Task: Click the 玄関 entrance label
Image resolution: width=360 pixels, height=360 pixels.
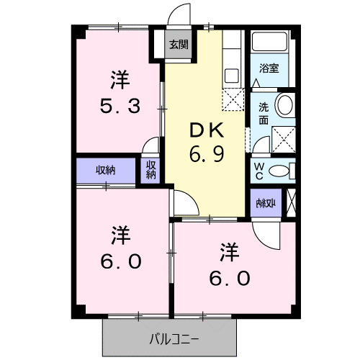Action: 179,44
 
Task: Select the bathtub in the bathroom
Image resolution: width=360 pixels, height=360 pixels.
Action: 270,43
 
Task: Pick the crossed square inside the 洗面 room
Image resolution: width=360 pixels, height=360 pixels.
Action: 284,138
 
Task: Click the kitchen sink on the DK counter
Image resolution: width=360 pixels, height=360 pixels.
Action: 232,74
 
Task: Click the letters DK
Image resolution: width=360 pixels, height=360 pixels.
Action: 207,130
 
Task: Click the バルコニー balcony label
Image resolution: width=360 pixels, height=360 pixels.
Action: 173,336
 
